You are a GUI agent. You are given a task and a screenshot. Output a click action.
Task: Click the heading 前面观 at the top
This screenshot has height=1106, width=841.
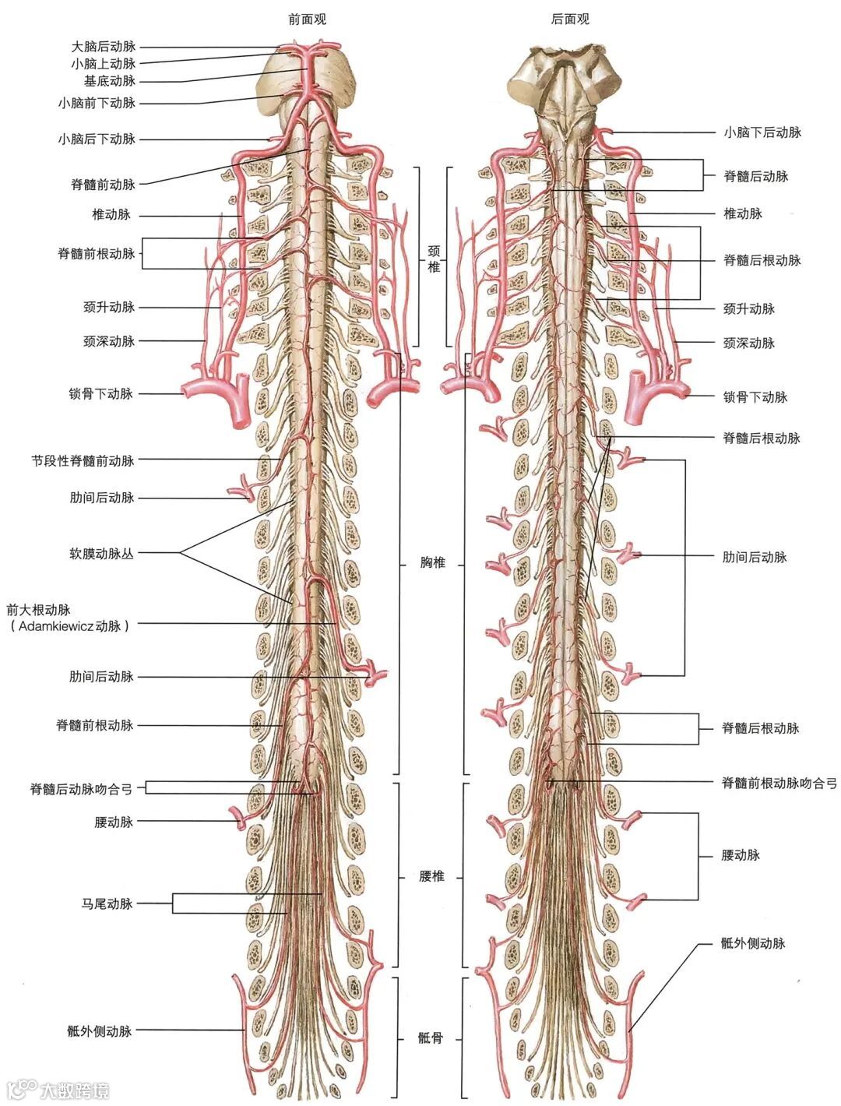click(x=307, y=19)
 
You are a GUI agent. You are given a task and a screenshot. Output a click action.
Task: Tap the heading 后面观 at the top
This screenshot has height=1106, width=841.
click(x=570, y=19)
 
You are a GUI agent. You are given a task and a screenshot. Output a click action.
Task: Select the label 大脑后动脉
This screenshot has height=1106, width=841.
click(x=104, y=47)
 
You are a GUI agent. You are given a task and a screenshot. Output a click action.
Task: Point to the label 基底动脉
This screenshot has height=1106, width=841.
click(x=110, y=81)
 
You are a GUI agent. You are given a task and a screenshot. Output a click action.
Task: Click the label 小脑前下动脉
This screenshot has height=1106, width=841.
click(x=97, y=102)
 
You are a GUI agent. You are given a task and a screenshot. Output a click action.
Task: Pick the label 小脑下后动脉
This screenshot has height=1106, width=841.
click(x=762, y=132)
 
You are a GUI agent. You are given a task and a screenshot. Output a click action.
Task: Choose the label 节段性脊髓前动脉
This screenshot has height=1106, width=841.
click(x=83, y=460)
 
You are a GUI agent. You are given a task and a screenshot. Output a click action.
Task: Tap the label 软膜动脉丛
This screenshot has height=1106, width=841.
click(x=101, y=554)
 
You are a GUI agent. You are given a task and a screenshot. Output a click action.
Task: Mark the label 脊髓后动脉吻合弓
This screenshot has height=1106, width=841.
click(x=82, y=789)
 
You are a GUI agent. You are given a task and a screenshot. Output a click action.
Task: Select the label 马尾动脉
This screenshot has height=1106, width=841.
click(x=107, y=903)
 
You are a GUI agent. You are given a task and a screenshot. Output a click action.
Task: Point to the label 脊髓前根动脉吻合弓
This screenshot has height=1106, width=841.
click(x=779, y=783)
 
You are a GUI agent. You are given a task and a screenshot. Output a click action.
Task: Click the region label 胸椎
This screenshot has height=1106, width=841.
click(x=432, y=562)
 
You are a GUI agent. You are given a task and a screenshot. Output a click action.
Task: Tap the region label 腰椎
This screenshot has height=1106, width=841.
click(x=431, y=876)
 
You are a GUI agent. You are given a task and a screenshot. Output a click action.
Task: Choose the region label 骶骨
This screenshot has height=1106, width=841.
click(x=430, y=1037)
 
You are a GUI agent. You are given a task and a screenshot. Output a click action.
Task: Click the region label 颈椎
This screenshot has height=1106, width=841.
click(x=434, y=259)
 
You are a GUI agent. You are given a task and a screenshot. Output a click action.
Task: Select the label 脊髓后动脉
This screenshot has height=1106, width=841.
click(x=756, y=177)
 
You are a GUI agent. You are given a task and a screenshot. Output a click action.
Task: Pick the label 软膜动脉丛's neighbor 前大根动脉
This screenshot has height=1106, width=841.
click(x=38, y=609)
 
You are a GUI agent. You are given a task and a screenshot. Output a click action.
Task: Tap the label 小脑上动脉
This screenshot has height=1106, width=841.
click(x=104, y=64)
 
